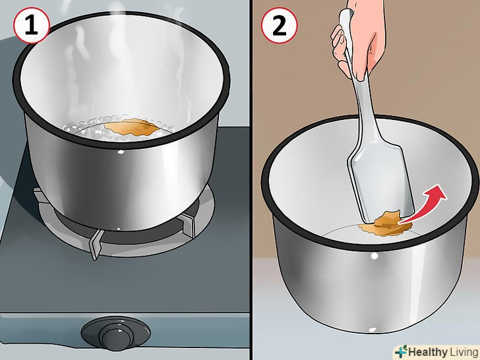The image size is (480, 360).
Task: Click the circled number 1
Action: (x=31, y=26)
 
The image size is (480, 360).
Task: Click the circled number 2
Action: (x=279, y=26)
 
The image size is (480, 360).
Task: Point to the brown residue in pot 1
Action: (x=133, y=127)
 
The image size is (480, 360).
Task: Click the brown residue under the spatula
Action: (x=386, y=225)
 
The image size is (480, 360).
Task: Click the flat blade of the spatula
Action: (x=381, y=184)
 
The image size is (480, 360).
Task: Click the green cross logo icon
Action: (x=401, y=351)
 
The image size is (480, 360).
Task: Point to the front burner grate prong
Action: (x=96, y=244)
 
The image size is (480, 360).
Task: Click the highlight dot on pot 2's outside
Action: (x=374, y=256)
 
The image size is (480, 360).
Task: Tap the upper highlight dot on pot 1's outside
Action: (x=121, y=152)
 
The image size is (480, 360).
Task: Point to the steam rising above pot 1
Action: (x=123, y=61)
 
